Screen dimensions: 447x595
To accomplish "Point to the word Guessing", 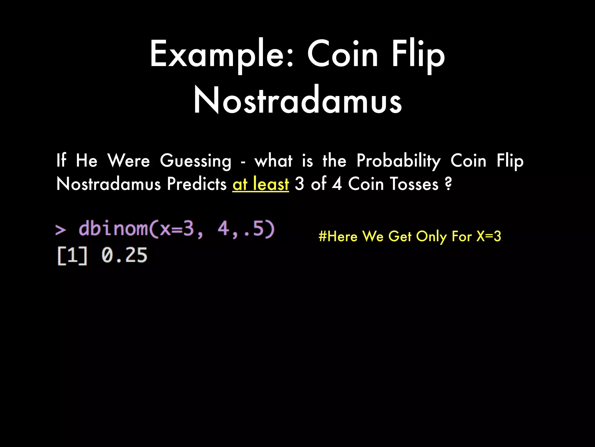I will (x=196, y=161).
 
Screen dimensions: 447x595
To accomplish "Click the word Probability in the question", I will (x=398, y=161).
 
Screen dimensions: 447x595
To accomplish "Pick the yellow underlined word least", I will (x=271, y=184).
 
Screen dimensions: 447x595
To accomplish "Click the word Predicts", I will (x=197, y=184).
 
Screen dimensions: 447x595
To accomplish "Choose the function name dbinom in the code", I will (x=113, y=229).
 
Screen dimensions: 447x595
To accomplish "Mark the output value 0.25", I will (x=124, y=256).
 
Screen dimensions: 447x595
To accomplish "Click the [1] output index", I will (x=72, y=256).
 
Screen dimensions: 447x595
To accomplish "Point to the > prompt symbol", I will (x=60, y=230).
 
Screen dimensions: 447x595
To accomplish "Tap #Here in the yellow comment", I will (x=338, y=236).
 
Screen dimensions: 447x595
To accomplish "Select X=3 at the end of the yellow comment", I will (x=489, y=236).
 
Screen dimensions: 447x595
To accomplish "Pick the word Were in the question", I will (x=129, y=161).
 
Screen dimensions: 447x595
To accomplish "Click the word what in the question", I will (x=273, y=161).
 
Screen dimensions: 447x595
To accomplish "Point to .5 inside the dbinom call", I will (x=255, y=229).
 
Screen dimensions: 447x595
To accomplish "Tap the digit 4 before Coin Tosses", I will (x=337, y=184).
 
